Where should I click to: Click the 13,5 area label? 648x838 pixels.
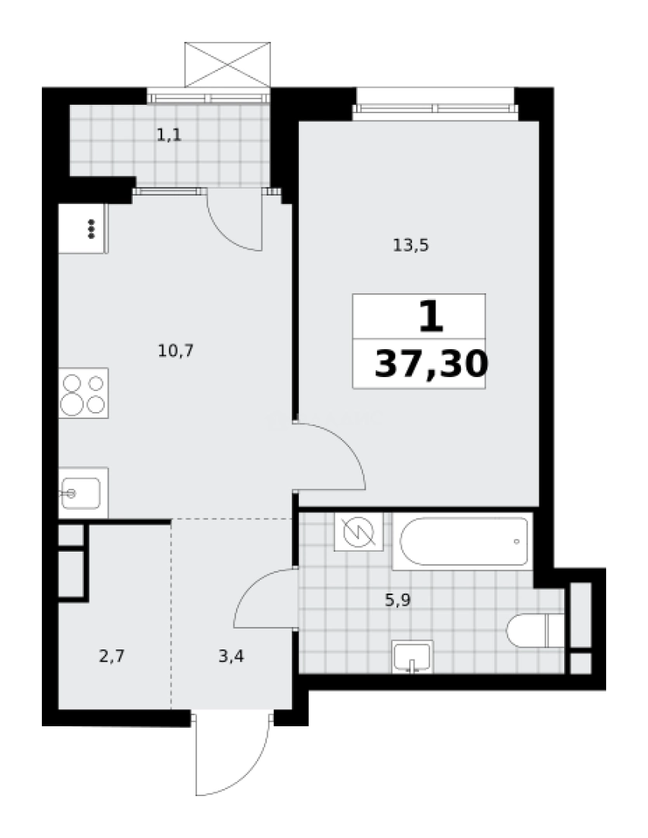tap(411, 246)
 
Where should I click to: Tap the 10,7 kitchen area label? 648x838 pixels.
tap(175, 351)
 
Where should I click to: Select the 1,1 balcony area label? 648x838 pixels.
tap(168, 136)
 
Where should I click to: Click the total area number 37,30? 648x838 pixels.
tap(431, 363)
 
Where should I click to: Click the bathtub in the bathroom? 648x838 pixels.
tap(463, 542)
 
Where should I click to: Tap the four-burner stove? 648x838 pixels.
tap(83, 393)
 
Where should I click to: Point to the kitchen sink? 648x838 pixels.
tap(81, 493)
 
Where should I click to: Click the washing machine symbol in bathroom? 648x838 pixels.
tap(359, 532)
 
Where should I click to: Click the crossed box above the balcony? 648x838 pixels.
tap(227, 63)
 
